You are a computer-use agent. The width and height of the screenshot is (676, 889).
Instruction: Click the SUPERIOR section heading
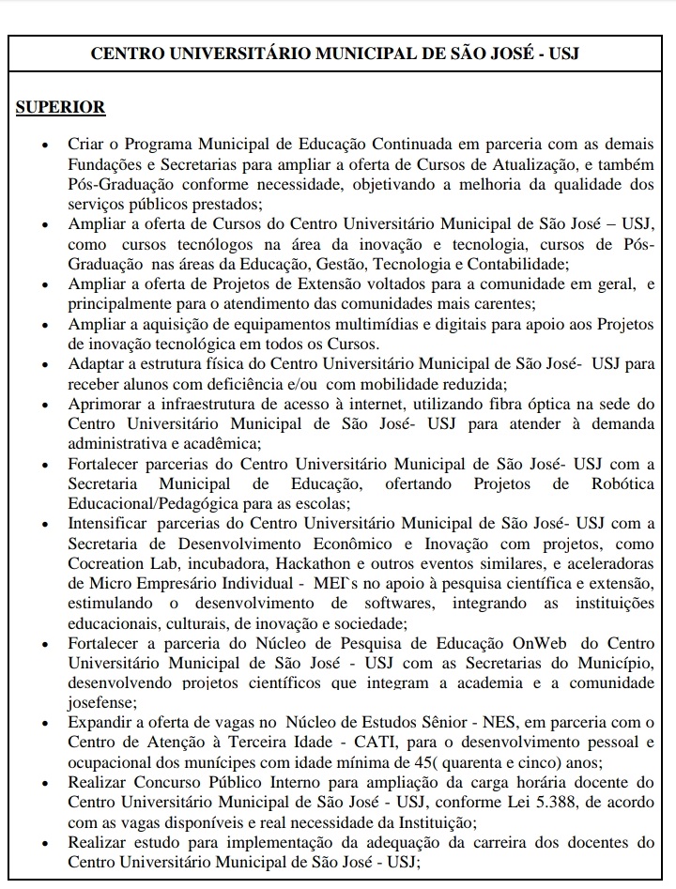point(60,107)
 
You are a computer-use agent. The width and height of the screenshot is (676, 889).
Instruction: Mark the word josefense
point(100,701)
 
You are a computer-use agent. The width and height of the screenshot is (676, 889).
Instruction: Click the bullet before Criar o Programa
point(44,146)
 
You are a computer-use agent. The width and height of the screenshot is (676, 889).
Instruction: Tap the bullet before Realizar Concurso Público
point(44,782)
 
